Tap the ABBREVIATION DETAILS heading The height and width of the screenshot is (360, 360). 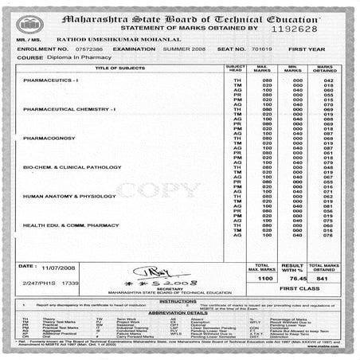[x=180, y=313]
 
